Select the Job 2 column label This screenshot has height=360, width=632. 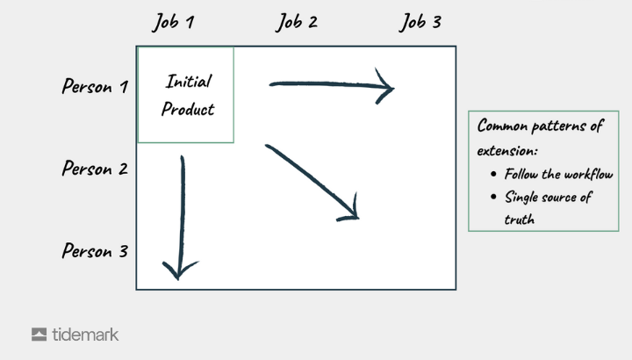297,22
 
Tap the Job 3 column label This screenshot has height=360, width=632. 420,22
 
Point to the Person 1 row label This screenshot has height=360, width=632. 95,87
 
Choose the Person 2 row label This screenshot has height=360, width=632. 95,169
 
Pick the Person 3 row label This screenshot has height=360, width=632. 95,251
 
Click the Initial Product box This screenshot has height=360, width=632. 186,95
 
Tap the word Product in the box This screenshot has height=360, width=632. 188,110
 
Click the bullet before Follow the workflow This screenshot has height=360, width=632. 495,175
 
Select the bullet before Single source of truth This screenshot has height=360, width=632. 495,198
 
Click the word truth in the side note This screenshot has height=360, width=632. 520,220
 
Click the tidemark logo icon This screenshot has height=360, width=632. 39,335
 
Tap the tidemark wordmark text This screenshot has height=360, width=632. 85,335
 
